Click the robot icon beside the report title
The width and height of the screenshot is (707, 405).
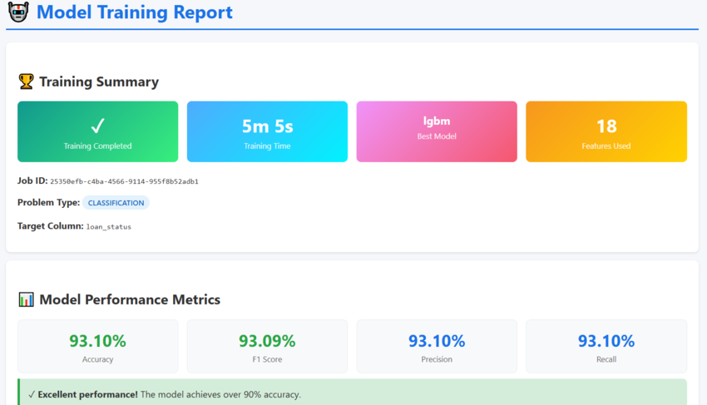(17, 12)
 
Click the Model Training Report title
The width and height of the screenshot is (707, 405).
(135, 12)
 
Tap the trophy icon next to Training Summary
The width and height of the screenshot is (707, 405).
(26, 81)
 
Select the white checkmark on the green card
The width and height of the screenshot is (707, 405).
(97, 126)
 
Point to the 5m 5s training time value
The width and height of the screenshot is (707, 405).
(267, 126)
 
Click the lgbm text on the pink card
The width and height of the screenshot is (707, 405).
(437, 121)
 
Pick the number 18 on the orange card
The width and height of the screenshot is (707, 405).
(606, 126)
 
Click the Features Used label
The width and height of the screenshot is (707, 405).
(606, 146)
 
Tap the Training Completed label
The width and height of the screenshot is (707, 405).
(97, 146)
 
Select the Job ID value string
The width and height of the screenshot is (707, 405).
(124, 181)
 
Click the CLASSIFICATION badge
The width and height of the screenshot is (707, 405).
(116, 203)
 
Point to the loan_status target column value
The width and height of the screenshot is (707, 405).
(109, 226)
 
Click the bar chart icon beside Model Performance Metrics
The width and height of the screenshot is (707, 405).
(26, 299)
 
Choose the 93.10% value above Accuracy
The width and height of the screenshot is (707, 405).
(97, 341)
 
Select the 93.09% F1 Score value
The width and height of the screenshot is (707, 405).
(267, 341)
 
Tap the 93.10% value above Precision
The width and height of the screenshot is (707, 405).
(437, 341)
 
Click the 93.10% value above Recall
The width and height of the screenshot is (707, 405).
(606, 341)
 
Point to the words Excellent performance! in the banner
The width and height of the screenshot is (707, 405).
(87, 395)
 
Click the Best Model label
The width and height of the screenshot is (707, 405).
(437, 136)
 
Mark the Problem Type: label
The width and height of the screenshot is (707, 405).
(48, 203)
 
